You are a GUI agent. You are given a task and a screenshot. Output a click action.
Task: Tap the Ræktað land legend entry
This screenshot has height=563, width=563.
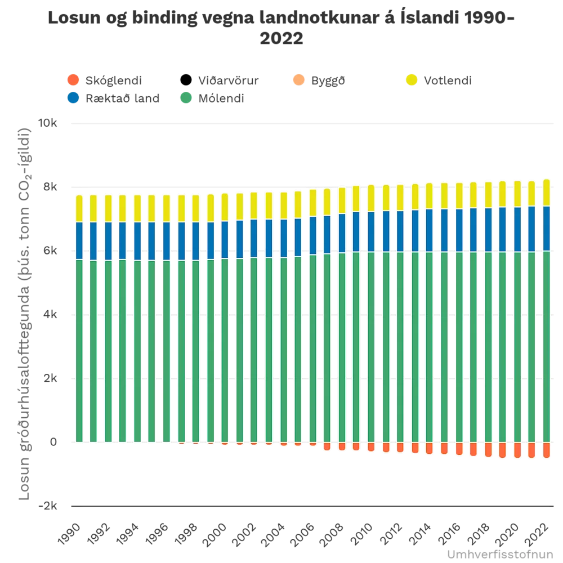click(x=124, y=98)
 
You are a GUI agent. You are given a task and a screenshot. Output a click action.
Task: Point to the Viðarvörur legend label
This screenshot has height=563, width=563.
click(x=228, y=80)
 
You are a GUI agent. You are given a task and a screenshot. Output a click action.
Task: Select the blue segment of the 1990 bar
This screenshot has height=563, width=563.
click(x=79, y=240)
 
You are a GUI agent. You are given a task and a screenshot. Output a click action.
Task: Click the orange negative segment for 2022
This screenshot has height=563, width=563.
click(x=546, y=450)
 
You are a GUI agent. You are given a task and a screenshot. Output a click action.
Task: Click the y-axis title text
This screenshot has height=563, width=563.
click(x=25, y=312)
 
